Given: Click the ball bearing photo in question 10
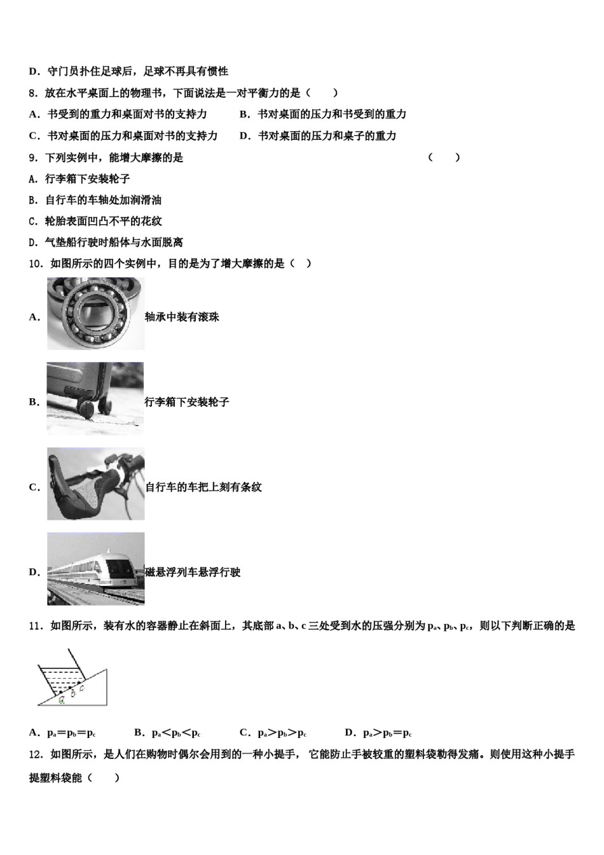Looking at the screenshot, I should (x=95, y=314).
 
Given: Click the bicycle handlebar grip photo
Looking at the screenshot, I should (x=95, y=484).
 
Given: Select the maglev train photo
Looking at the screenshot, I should (x=95, y=569).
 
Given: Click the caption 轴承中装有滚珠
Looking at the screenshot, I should (x=182, y=317).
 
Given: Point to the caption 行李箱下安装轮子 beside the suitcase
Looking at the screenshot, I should (x=187, y=402).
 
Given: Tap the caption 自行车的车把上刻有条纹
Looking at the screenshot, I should (x=203, y=487).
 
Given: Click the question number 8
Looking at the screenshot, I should (x=34, y=94).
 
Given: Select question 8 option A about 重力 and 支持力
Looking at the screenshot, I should (x=118, y=115).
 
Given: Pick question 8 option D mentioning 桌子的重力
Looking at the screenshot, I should (x=318, y=136).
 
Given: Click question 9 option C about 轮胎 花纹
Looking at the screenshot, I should (x=95, y=221).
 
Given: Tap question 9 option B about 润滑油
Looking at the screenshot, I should (x=95, y=200).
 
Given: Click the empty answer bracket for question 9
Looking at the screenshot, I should (x=444, y=158).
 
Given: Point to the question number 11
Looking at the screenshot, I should (x=36, y=626).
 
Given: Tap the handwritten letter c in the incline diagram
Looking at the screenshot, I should (x=82, y=688).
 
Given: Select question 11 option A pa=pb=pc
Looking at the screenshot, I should (x=62, y=733).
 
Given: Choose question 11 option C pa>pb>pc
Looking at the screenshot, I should (x=273, y=733).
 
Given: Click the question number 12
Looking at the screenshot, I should (x=36, y=754).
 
